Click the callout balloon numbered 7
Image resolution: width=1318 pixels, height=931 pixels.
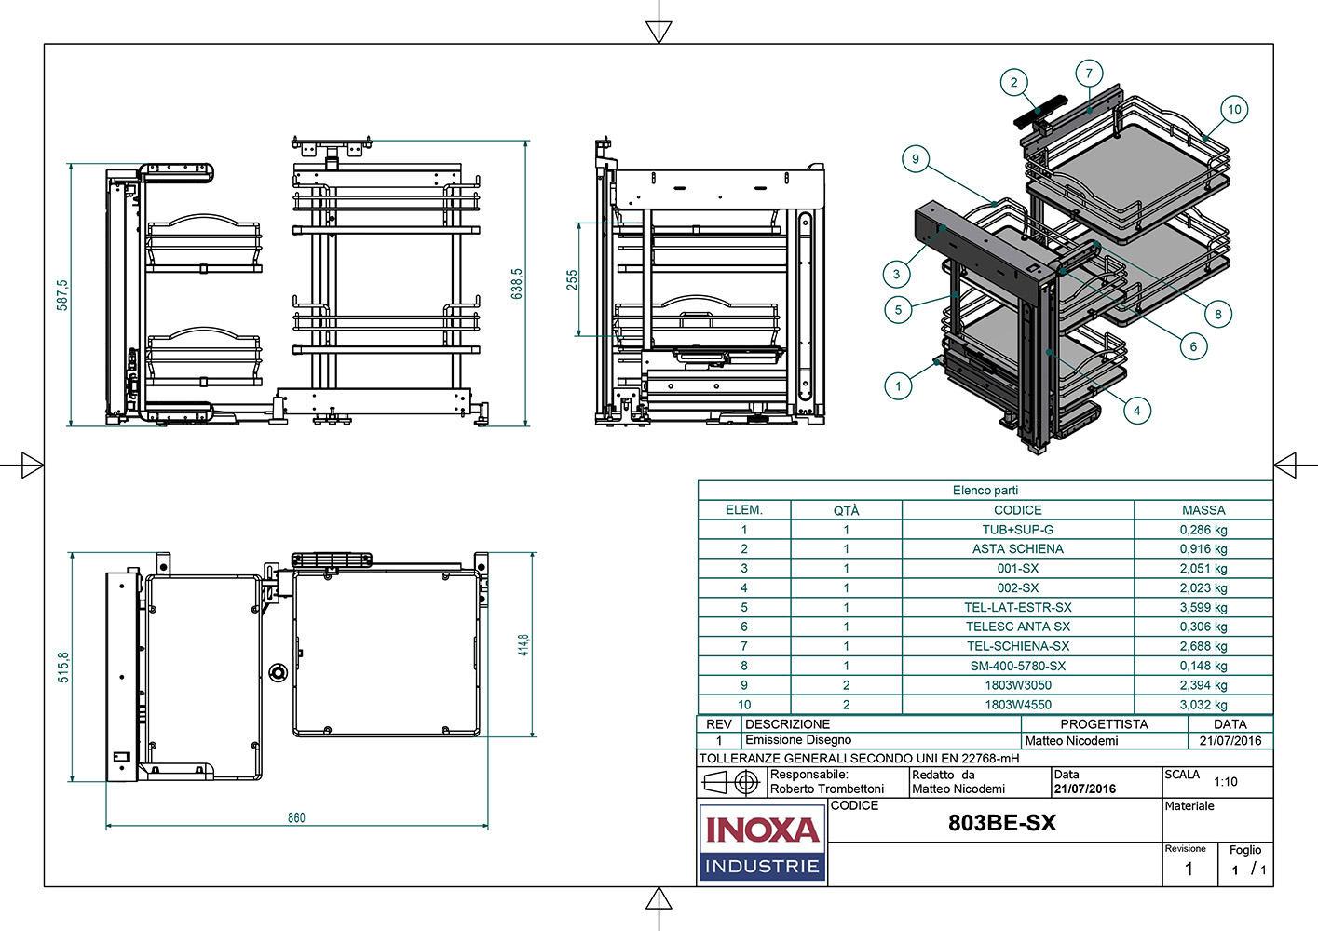point(1089,73)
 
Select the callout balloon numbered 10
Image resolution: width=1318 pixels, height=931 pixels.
point(1234,109)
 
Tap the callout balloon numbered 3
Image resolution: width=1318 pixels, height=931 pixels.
point(896,274)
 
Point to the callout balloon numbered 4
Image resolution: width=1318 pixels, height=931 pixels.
point(1136,410)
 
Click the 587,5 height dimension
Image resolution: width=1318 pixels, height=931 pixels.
point(62,295)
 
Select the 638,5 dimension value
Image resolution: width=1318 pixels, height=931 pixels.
point(517,284)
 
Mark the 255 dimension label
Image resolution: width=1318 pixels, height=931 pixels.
point(572,279)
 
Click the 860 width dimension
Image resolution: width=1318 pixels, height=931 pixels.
point(296,817)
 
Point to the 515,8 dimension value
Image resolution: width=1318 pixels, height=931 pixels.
point(63,667)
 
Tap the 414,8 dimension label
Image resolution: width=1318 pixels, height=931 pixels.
point(523,644)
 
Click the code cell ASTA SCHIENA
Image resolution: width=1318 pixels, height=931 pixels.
point(1017,549)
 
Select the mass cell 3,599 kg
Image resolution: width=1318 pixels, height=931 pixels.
point(1203,607)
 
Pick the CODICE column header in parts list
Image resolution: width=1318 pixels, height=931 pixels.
point(1017,510)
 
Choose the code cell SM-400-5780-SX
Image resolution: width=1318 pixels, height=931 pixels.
point(1017,666)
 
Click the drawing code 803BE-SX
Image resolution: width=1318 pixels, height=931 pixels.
point(1002,823)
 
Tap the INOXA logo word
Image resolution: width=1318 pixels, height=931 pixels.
point(762,829)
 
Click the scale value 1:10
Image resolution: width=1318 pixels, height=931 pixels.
point(1225,782)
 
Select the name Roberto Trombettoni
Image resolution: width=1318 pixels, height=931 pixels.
point(827,789)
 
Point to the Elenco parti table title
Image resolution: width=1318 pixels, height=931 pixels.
point(985,491)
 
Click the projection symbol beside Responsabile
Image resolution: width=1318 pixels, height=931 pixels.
point(731,782)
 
